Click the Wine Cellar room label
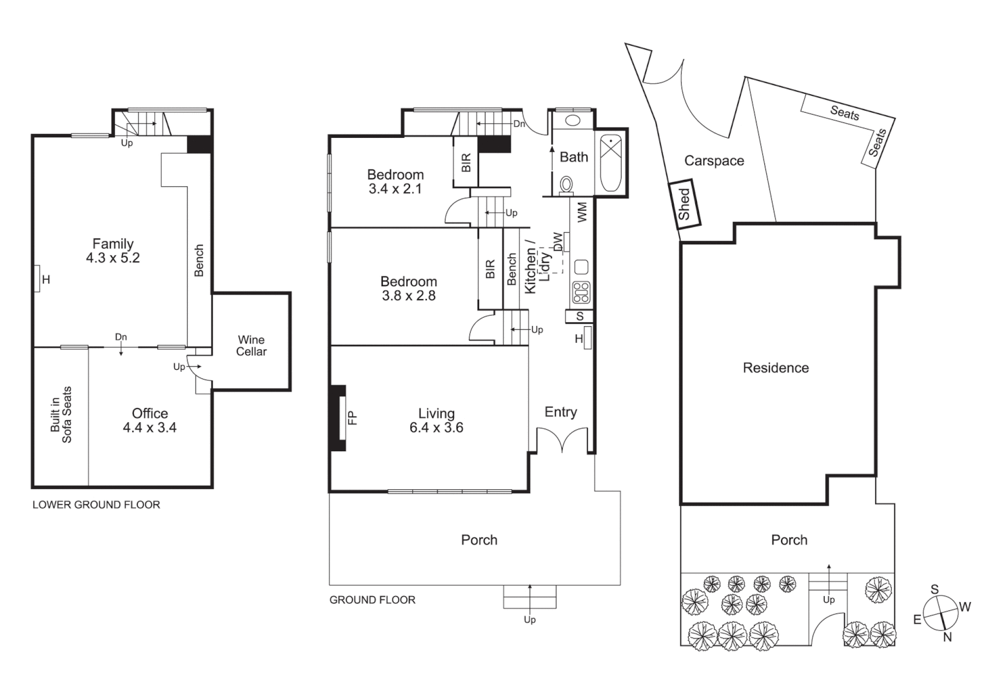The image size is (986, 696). pyautogui.click(x=251, y=345)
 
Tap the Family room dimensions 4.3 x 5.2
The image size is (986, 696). pyautogui.click(x=113, y=258)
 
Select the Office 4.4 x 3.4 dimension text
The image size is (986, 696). pyautogui.click(x=150, y=427)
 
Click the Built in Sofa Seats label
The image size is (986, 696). pyautogui.click(x=61, y=415)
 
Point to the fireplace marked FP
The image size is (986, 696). pyautogui.click(x=339, y=418)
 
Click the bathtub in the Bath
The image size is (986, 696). pyautogui.click(x=610, y=163)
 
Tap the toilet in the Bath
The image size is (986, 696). pyautogui.click(x=566, y=185)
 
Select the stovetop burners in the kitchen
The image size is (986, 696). pyautogui.click(x=580, y=293)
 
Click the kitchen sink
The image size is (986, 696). pyautogui.click(x=580, y=267)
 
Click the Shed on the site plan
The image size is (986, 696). pyautogui.click(x=684, y=204)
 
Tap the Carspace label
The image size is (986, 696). pyautogui.click(x=714, y=160)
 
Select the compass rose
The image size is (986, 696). pyautogui.click(x=940, y=613)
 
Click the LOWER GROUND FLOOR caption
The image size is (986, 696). pyautogui.click(x=96, y=505)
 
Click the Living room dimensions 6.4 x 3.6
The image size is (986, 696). pyautogui.click(x=436, y=427)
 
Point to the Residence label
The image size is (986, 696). pyautogui.click(x=775, y=367)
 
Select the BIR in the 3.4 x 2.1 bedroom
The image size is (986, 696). pyautogui.click(x=466, y=162)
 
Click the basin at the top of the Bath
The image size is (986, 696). pyautogui.click(x=572, y=120)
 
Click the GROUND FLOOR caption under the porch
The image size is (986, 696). pyautogui.click(x=372, y=599)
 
